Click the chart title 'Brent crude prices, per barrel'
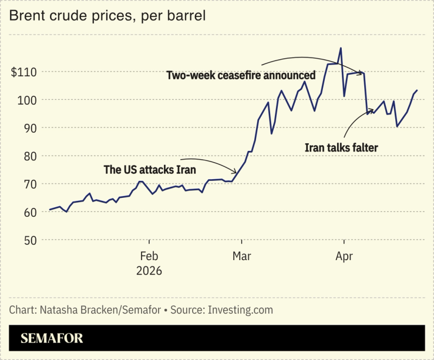coord(107,16)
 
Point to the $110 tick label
coord(24,72)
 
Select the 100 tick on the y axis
coord(27,100)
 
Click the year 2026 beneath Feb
coord(149,271)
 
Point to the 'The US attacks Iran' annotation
coord(149,170)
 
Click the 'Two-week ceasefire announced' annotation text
coord(241,76)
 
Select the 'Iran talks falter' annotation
coord(341,148)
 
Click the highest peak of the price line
coord(341,48)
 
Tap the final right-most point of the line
coord(417,90)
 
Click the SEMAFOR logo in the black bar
coord(52,338)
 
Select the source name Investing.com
coord(240,309)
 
